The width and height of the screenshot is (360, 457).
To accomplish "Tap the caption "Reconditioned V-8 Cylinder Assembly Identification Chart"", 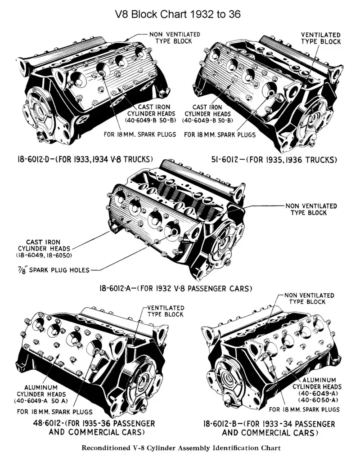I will coord(180,448).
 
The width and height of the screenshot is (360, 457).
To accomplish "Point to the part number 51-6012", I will coord(228,159).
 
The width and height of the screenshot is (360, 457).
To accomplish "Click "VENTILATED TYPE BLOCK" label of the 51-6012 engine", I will coord(321,38).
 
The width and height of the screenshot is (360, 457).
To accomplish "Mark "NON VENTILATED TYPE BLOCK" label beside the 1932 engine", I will coord(311,209).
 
